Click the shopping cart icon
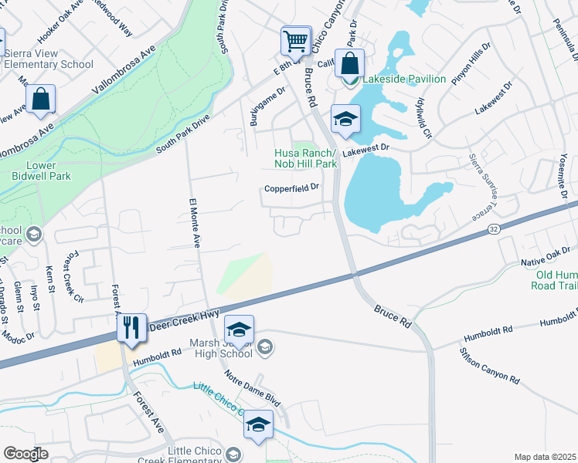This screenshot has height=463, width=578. click(296, 42)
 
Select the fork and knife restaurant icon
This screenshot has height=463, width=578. click(131, 328)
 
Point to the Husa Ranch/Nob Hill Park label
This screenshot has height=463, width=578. click(306, 159)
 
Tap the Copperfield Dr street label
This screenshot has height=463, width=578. click(291, 188)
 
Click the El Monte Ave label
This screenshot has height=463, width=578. click(195, 223)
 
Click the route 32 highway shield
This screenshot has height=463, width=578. click(493, 229)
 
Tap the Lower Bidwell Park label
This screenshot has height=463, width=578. click(38, 171)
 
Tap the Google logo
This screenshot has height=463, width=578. click(26, 454)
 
